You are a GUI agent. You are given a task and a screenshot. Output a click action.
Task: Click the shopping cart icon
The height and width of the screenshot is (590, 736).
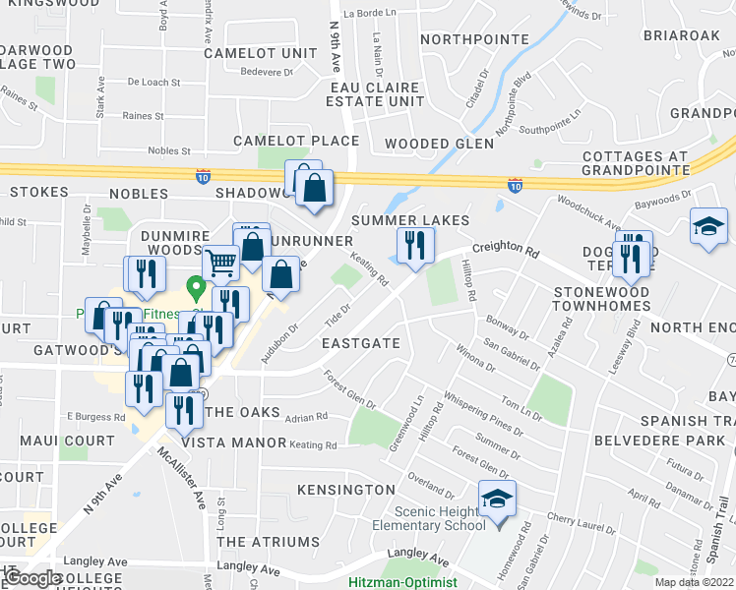pyautogui.click(x=221, y=262)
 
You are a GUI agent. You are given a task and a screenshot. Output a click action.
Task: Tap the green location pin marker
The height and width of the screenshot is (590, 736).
pyautogui.click(x=196, y=289)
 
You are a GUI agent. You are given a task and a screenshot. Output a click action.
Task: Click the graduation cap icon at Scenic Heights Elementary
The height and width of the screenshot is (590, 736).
pyautogui.click(x=497, y=501)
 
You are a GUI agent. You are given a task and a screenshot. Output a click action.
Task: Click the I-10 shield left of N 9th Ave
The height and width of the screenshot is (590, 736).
pyautogui.click(x=202, y=174)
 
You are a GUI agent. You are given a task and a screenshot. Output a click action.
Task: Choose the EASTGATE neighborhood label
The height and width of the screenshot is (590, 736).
pyautogui.click(x=361, y=343)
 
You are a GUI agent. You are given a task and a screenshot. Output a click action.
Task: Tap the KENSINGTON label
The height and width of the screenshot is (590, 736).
pyautogui.click(x=347, y=490)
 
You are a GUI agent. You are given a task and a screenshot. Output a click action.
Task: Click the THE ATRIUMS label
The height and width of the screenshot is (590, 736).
pyautogui.click(x=268, y=542)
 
